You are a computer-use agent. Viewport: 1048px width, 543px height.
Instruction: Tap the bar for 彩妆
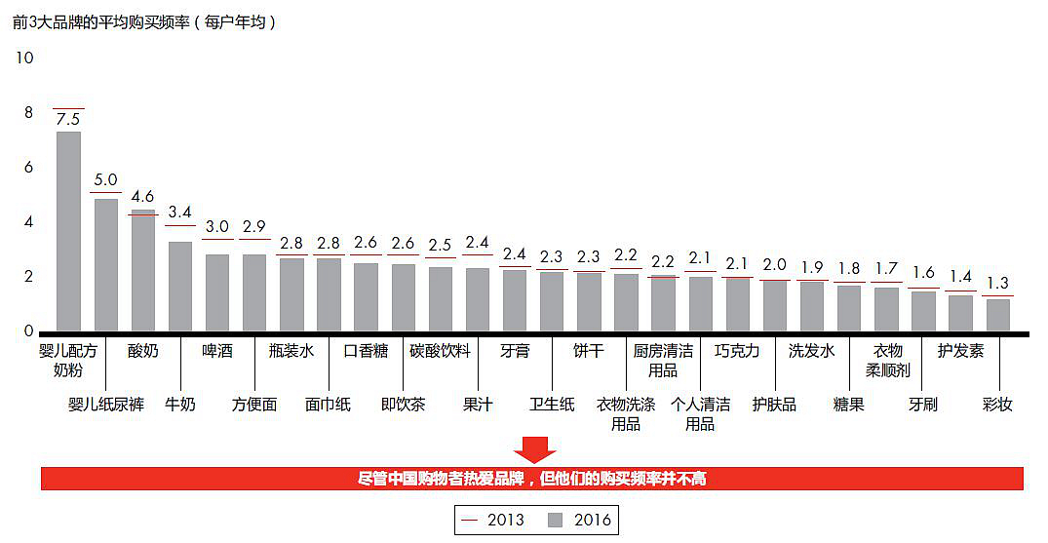point(997,315)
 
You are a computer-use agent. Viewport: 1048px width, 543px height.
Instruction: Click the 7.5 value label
point(68,119)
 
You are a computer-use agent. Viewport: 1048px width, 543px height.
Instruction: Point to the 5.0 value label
point(105,180)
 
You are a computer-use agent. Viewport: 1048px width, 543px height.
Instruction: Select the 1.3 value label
point(997,283)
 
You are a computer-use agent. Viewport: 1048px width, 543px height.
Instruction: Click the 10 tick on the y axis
point(24,58)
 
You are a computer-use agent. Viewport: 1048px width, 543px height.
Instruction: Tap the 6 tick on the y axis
point(28,168)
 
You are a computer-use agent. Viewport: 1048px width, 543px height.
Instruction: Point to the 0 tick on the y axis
point(28,331)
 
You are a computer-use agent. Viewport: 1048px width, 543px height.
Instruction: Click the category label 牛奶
point(180,404)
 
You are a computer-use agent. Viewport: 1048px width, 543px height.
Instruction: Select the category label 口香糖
point(366,351)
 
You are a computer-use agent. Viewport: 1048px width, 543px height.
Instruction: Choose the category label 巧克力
point(736,351)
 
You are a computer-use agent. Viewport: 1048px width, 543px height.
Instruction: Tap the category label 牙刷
point(922,404)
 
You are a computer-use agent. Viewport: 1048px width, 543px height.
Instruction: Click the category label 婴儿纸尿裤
point(105,404)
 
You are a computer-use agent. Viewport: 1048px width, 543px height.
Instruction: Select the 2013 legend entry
point(494,520)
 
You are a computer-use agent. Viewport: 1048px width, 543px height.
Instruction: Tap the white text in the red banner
point(532,479)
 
